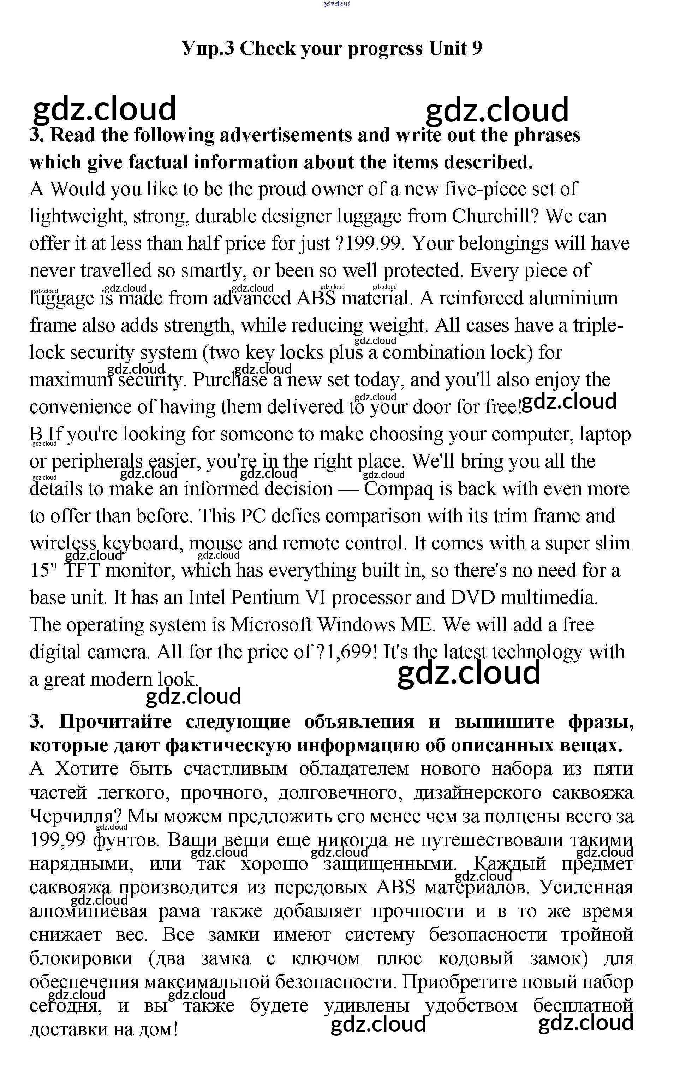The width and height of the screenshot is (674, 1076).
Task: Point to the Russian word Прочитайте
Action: pyautogui.click(x=115, y=722)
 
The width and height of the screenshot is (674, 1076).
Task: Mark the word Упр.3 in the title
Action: pyautogui.click(x=208, y=48)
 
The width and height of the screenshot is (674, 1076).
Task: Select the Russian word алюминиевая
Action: pyautogui.click(x=88, y=911)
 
